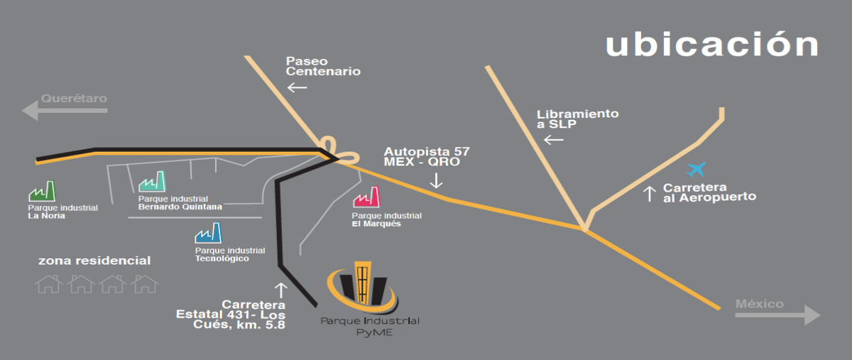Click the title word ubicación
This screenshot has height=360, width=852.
pyautogui.click(x=712, y=44)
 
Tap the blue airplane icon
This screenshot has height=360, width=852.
pyautogui.click(x=697, y=170)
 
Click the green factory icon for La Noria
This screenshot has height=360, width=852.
pyautogui.click(x=42, y=191)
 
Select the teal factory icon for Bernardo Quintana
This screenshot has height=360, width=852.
pyautogui.click(x=153, y=182)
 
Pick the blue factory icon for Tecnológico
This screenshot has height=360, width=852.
pyautogui.click(x=209, y=233)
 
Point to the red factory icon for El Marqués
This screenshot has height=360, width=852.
pyautogui.click(x=366, y=197)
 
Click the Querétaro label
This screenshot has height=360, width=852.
pyautogui.click(x=74, y=98)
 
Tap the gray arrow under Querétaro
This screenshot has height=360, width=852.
pyautogui.click(x=65, y=111)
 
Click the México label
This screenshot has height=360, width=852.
pyautogui.click(x=760, y=304)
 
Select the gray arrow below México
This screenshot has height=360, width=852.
pyautogui.click(x=778, y=315)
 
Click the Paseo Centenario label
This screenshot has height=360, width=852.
pyautogui.click(x=323, y=66)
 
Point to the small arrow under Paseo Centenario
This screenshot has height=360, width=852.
pyautogui.click(x=297, y=88)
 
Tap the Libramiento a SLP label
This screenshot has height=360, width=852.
pyautogui.click(x=577, y=119)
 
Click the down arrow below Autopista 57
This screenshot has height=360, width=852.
pyautogui.click(x=436, y=180)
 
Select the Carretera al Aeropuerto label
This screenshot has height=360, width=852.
pyautogui.click(x=709, y=192)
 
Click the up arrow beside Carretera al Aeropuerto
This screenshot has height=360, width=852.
pyautogui.click(x=649, y=194)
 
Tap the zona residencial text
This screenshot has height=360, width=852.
pyautogui.click(x=94, y=261)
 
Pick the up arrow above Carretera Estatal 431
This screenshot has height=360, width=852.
pyautogui.click(x=280, y=290)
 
